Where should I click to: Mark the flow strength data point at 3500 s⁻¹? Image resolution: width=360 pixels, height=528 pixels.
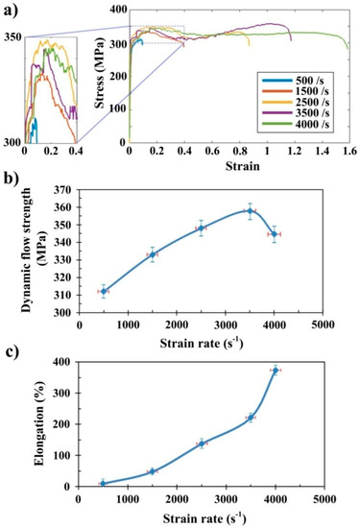[250, 210]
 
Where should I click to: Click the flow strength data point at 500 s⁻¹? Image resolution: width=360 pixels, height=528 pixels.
[104, 291]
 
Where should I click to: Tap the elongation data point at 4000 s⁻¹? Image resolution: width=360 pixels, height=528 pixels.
[276, 370]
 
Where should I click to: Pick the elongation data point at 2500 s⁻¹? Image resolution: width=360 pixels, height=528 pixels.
[202, 443]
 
